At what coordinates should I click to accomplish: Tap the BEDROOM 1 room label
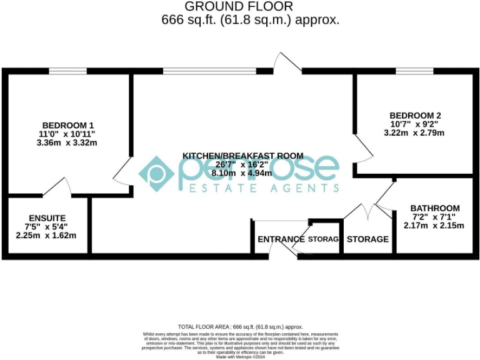coord(68,124)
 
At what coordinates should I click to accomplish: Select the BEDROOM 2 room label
coord(415,116)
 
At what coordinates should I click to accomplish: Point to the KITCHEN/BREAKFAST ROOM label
coord(242,155)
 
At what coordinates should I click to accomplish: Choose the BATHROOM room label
coord(435,208)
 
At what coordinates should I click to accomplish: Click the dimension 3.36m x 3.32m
coord(68,142)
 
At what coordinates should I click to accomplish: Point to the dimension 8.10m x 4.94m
coord(243,173)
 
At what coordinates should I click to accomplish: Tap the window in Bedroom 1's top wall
coord(68,71)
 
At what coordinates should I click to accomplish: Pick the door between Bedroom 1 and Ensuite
coord(59,188)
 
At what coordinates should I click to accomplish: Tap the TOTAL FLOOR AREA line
coord(241,327)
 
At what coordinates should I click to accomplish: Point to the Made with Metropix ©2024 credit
coord(241,357)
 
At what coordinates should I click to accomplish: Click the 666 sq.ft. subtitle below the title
coord(250,20)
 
